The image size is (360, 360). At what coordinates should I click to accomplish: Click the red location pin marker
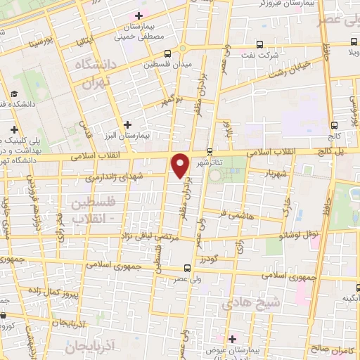(181, 165)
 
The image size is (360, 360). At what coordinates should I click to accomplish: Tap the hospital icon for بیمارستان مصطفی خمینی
(139, 15)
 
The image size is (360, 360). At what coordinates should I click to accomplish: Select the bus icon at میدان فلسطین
(167, 53)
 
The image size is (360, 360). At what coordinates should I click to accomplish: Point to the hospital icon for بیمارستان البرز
(127, 124)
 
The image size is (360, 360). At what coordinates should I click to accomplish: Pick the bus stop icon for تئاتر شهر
(211, 151)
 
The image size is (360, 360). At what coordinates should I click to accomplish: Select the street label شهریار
(273, 172)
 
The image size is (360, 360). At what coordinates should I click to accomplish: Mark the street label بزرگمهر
(167, 98)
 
